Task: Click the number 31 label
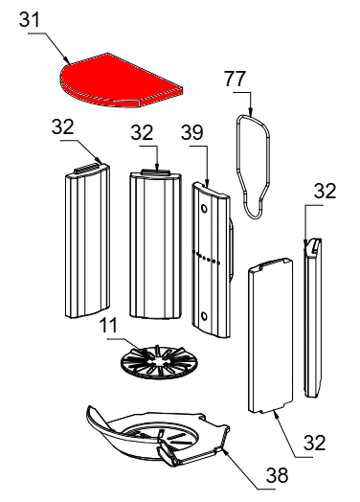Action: (x=30, y=19)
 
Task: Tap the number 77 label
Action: (x=236, y=80)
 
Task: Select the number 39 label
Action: (x=192, y=132)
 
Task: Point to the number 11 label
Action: (x=108, y=326)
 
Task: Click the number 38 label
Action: (x=277, y=475)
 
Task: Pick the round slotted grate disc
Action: (x=159, y=363)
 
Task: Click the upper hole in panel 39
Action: (x=204, y=209)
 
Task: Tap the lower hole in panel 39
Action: (x=204, y=316)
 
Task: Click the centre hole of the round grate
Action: (x=159, y=362)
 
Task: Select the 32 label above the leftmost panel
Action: (x=63, y=126)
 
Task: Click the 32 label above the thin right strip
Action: (x=325, y=192)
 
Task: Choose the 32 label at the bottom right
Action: (x=315, y=443)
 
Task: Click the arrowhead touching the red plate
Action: (x=67, y=60)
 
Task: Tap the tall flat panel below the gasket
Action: (x=270, y=335)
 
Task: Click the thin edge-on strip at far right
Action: (x=313, y=317)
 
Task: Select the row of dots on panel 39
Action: (x=207, y=258)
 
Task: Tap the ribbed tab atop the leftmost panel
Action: (x=85, y=169)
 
